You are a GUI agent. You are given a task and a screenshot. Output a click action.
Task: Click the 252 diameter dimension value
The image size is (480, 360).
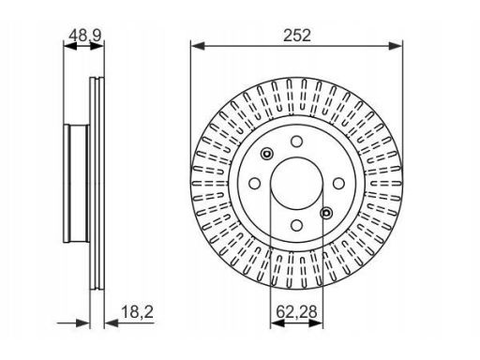297,36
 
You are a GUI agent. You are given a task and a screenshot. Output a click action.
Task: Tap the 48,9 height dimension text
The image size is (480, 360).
85,36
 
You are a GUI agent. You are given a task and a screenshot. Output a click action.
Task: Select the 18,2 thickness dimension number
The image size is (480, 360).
137,311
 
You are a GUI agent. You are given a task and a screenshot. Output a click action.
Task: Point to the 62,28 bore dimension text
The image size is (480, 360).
296,311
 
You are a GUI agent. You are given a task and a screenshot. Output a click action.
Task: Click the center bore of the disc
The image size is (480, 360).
296,183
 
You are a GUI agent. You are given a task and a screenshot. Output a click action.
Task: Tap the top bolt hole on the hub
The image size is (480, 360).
296,142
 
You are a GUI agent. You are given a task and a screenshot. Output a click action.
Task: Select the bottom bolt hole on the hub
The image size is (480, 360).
296,225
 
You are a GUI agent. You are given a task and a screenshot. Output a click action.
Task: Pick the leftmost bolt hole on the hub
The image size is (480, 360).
255,183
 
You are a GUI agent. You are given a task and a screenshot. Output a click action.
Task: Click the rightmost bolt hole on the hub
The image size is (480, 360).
338,183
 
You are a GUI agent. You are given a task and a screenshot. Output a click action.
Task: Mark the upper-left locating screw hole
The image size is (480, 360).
267,154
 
